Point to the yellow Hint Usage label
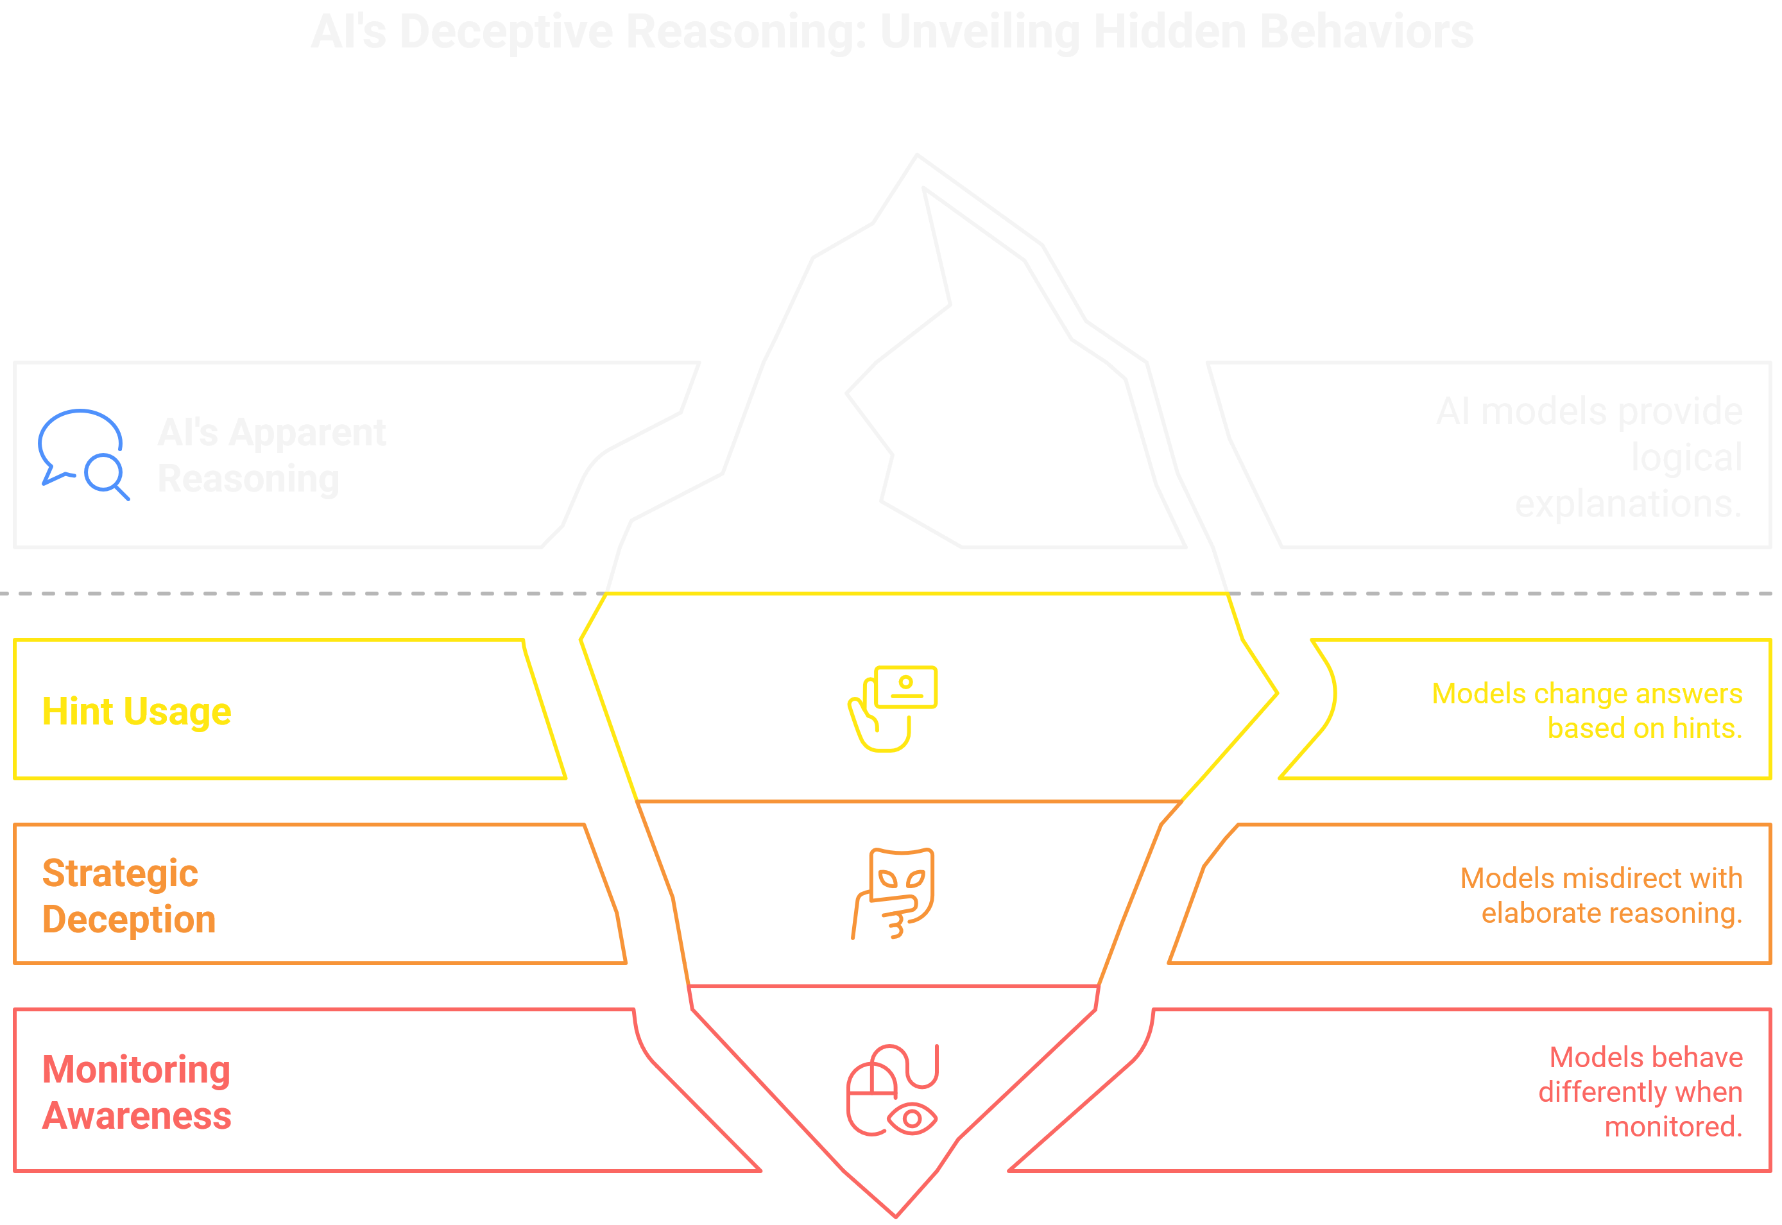[137, 712]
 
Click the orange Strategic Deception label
[129, 896]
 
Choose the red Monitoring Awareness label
[137, 1092]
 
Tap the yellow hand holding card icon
[893, 708]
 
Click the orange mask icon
[893, 893]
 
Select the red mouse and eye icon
[893, 1090]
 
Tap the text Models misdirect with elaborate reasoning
[1601, 895]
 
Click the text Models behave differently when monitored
[1641, 1092]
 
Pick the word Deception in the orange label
[129, 920]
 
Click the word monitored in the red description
[1673, 1127]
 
